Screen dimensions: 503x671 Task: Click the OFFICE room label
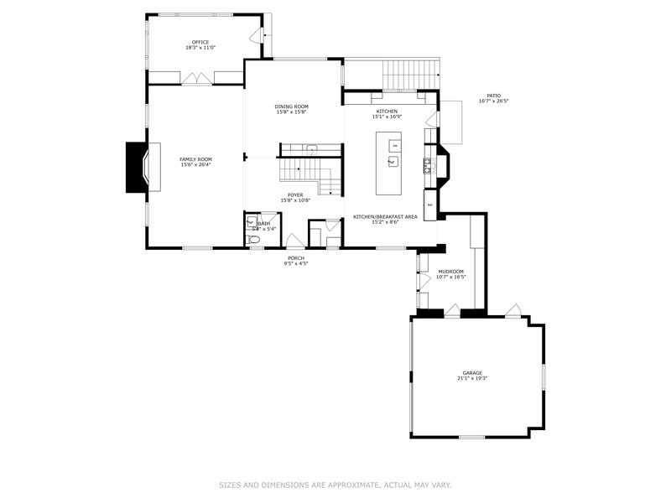[200, 42]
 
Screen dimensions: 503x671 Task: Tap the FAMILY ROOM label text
[195, 159]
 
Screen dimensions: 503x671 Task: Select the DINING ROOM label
[292, 106]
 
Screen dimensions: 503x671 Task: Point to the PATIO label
[494, 96]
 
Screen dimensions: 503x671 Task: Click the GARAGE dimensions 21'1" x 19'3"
[472, 378]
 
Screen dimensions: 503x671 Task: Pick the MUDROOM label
[451, 272]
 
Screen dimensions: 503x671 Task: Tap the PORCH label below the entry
[296, 258]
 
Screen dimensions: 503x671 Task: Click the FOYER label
[296, 195]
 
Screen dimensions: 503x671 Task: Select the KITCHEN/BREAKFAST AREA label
[385, 216]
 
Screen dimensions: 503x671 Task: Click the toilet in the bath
[255, 239]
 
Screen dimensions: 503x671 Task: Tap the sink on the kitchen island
[392, 159]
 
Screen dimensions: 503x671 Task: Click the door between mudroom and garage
[451, 311]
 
